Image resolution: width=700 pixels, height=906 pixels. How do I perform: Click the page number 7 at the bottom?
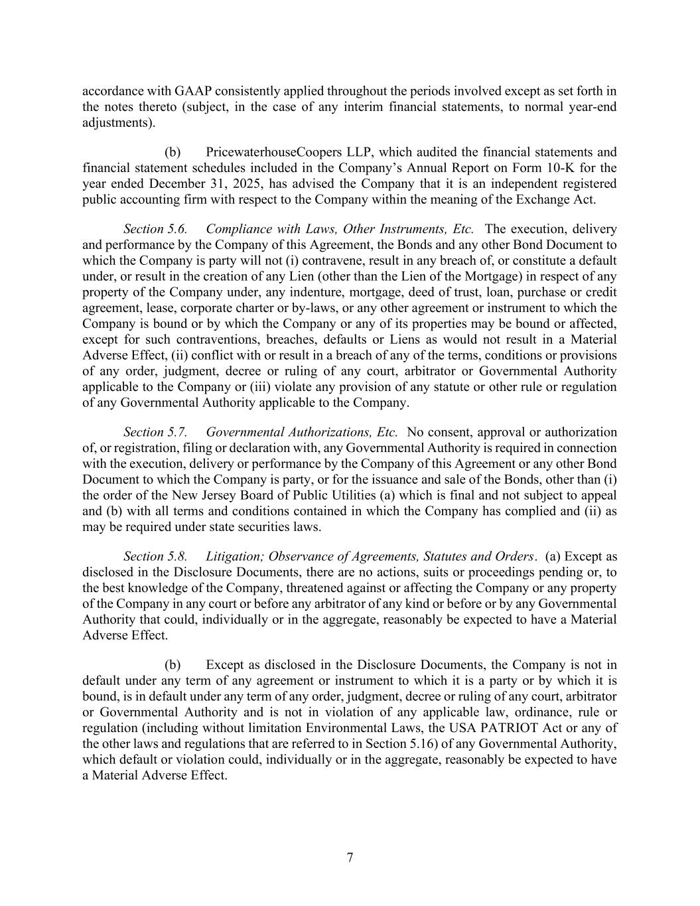coord(350,858)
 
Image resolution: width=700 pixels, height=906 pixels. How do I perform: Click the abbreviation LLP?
coord(358,152)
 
